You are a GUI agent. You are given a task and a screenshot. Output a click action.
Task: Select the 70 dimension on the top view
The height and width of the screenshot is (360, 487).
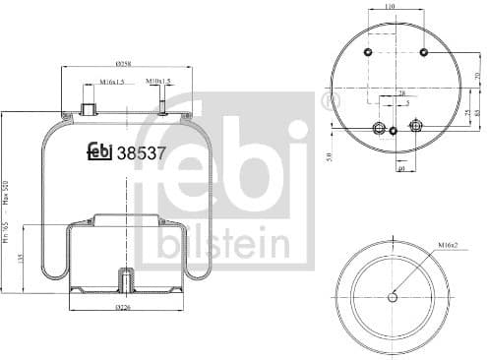(477, 77)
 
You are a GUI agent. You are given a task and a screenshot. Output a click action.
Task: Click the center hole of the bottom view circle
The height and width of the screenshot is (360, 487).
(393, 297)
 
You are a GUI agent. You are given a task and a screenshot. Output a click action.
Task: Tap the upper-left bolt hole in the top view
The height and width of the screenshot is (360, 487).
(366, 52)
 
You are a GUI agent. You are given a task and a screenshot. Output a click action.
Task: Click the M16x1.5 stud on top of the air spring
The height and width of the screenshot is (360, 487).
(86, 107)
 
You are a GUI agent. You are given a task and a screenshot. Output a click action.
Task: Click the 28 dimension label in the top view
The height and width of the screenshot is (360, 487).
(400, 94)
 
